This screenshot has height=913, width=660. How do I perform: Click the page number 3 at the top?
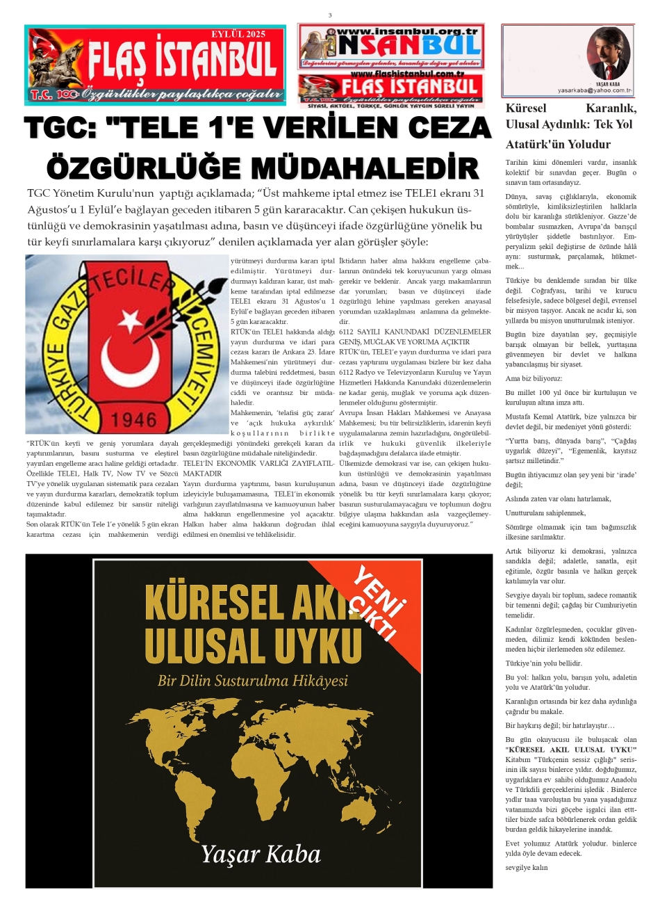click(330, 15)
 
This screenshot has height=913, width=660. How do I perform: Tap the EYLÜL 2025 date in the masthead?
click(238, 34)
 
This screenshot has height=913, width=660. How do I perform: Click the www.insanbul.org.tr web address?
click(406, 31)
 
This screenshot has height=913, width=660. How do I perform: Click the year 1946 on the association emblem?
click(135, 419)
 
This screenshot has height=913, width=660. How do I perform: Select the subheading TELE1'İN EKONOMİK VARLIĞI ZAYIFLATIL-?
click(258, 462)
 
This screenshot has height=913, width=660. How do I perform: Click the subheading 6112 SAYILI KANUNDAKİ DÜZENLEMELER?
click(415, 332)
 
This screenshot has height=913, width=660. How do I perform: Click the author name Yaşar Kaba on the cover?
click(261, 854)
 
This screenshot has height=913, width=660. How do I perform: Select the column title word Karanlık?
click(611, 108)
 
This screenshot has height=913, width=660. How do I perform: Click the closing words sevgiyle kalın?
click(527, 867)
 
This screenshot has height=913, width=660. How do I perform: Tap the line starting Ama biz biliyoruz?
click(534, 379)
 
